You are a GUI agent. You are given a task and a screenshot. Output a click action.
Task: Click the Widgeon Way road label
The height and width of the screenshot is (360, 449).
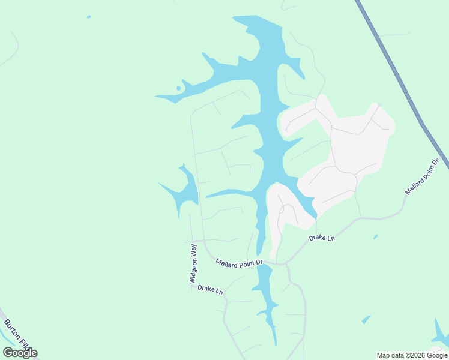click(x=194, y=263)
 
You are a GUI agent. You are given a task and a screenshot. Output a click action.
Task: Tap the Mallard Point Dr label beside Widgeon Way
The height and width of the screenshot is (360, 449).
click(x=240, y=262)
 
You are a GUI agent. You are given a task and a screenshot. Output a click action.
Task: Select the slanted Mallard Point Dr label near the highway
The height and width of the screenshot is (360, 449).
click(x=423, y=176)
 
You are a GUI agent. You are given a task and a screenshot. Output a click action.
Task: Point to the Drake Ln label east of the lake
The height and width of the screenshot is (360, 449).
click(x=322, y=238)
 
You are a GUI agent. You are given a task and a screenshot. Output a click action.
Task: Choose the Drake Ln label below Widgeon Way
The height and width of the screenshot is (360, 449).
click(x=210, y=290)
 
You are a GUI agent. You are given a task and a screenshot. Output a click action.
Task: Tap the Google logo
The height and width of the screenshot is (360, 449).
click(x=20, y=353)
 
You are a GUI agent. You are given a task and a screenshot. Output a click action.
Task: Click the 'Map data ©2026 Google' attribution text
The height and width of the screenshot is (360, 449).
click(x=412, y=355)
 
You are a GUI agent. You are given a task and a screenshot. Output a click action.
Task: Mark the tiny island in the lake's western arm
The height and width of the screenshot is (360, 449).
click(x=178, y=89)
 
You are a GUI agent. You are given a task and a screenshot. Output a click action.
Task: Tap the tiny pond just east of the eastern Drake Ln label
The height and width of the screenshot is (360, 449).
click(x=375, y=237)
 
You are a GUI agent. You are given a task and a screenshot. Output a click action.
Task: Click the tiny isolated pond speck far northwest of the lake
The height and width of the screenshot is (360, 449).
click(x=89, y=17)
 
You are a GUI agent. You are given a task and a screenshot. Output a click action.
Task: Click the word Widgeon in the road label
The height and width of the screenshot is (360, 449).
click(x=193, y=271)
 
